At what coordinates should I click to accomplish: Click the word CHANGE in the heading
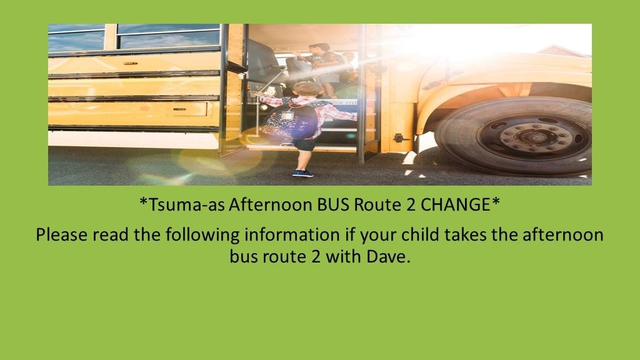point(458,204)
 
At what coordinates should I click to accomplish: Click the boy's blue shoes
point(302,172)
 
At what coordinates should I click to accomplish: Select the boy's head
point(307,88)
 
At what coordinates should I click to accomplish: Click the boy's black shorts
point(304,144)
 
